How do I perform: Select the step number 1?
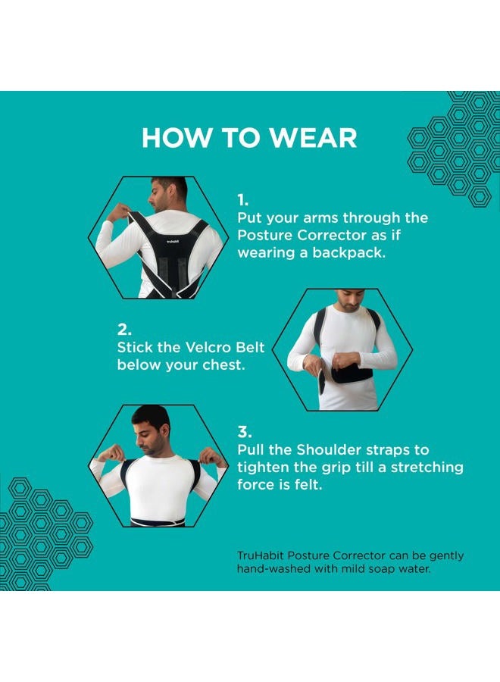242,200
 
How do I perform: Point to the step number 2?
124,330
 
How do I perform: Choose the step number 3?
245,432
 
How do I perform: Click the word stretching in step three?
427,467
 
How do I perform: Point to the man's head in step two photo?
350,299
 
